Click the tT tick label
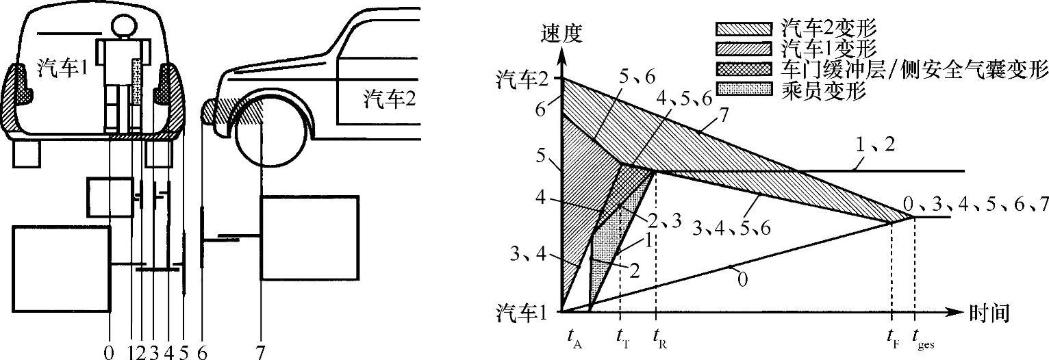(621, 337)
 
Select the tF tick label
(893, 337)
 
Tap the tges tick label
(918, 337)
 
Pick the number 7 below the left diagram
(261, 352)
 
